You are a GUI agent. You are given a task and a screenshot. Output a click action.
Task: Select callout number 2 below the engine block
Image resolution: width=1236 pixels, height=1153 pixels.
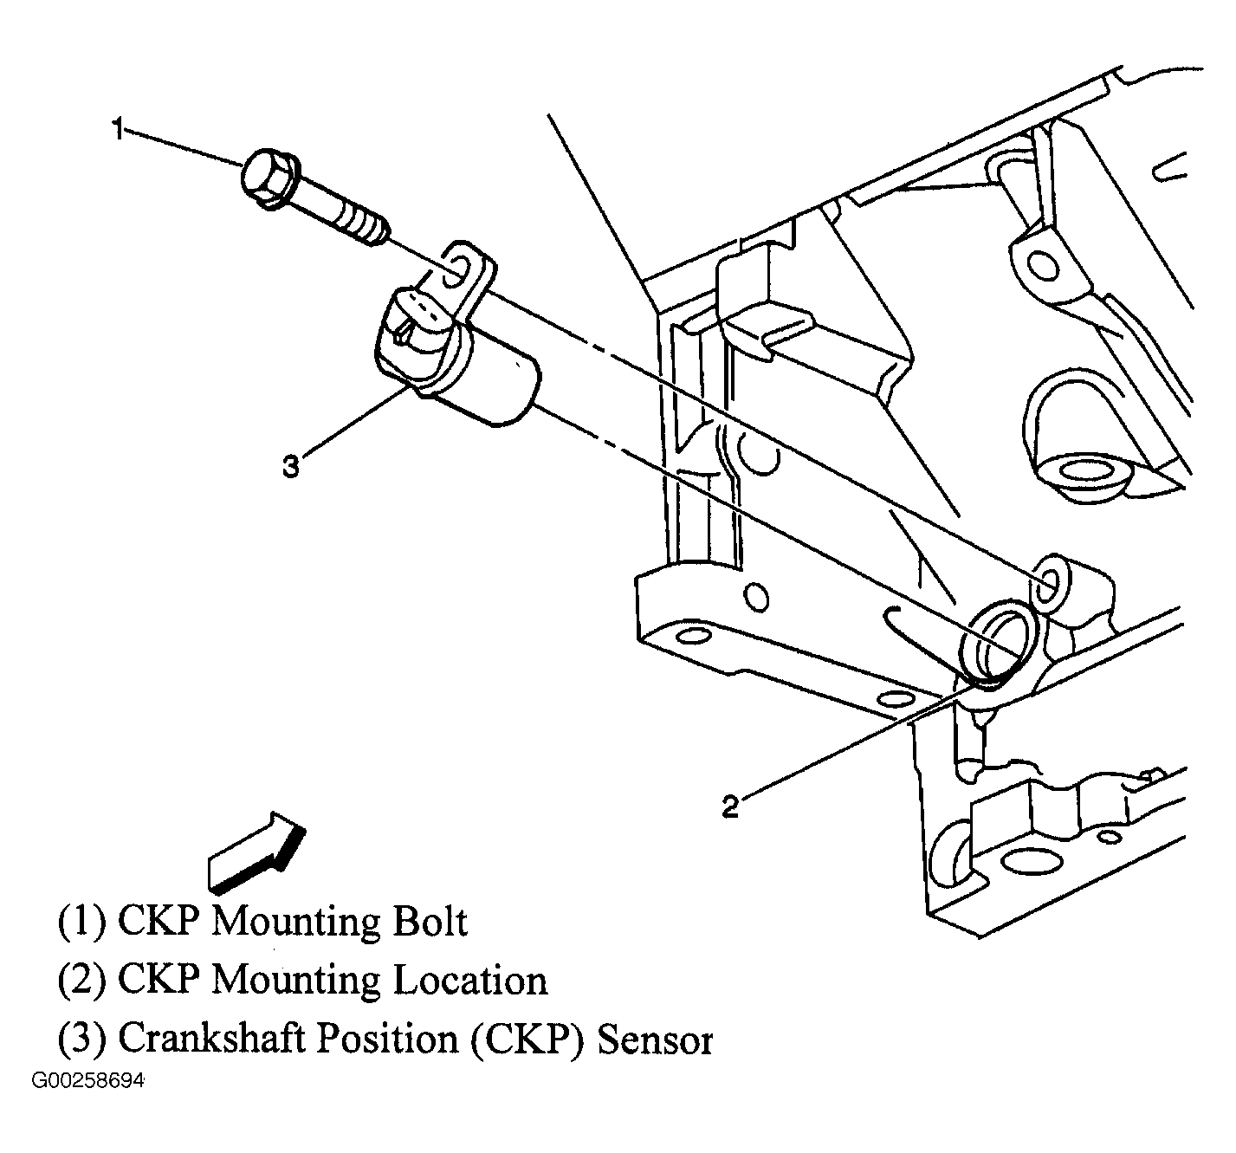730,806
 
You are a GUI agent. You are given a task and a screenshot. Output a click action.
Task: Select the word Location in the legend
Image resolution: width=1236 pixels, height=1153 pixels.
470,980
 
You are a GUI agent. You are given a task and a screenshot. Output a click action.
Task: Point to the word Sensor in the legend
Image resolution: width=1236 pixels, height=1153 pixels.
656,1039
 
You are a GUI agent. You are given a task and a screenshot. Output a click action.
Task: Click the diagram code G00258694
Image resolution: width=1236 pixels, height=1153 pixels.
89,1082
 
